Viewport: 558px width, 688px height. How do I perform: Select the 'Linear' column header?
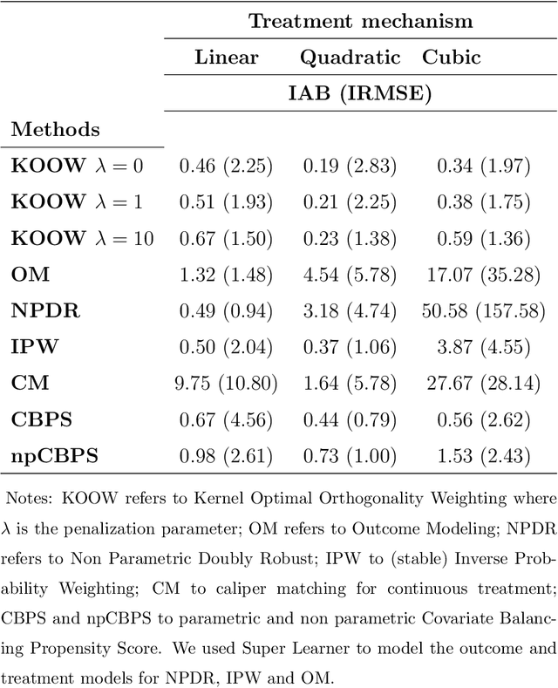tap(226, 58)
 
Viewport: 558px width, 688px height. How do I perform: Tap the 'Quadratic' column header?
tap(350, 58)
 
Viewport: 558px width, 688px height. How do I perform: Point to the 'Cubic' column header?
tap(451, 58)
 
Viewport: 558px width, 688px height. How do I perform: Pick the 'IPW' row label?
tap(31, 347)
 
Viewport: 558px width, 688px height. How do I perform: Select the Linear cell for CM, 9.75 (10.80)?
tap(227, 384)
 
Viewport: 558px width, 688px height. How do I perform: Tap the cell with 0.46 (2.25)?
tap(227, 166)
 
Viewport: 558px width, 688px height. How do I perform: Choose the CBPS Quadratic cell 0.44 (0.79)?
tap(350, 419)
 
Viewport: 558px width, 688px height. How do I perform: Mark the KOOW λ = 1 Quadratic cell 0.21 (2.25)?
tap(350, 202)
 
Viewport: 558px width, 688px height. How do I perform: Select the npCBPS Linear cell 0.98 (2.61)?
tap(227, 456)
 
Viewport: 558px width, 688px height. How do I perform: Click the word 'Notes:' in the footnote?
tap(28, 500)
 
